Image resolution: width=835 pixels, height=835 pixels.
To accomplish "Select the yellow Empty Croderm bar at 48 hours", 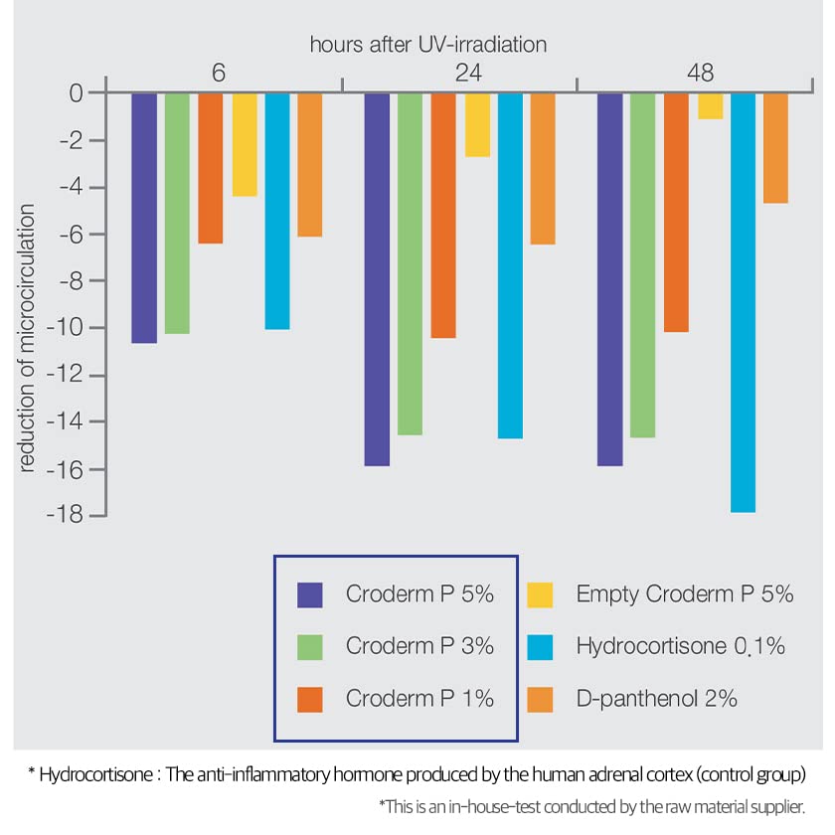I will click(710, 105).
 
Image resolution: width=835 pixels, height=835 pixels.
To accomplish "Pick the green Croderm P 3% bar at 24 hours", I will click(410, 263).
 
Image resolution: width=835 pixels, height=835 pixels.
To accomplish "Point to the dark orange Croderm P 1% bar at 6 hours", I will click(210, 168).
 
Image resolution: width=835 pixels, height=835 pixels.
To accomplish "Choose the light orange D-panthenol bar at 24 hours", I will click(542, 168).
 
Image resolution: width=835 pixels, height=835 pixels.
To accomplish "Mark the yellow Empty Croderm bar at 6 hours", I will click(245, 144).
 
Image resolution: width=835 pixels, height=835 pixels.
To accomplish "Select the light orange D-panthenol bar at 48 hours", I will click(775, 148).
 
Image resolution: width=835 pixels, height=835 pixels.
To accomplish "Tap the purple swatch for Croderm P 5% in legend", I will click(309, 594).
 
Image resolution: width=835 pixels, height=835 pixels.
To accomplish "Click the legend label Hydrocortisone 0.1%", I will click(681, 646).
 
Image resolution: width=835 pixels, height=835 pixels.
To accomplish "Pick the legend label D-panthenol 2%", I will click(656, 698).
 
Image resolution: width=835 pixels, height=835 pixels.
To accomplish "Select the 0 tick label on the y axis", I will click(75, 93).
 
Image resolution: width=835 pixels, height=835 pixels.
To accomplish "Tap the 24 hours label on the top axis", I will click(460, 74).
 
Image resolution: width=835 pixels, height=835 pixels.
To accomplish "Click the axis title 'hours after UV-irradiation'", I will click(428, 45).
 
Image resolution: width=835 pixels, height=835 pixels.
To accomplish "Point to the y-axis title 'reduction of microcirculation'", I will click(27, 338).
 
